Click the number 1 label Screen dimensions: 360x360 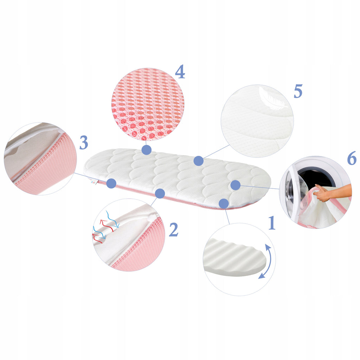272,223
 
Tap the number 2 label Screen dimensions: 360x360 174,229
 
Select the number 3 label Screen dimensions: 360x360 84,142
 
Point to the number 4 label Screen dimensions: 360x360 180,71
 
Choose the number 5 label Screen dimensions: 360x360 298,91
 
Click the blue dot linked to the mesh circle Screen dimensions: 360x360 147,150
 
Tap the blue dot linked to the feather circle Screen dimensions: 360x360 199,161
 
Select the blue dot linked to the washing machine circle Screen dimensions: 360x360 235,185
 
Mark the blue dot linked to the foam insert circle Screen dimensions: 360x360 224,204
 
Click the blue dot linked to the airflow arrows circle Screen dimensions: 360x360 160,194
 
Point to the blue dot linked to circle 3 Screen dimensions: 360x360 111,183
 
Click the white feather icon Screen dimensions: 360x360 272,98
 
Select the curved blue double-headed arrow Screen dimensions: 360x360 266,261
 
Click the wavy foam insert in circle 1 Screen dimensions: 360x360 234,257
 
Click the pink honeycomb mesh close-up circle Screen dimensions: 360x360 147,104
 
